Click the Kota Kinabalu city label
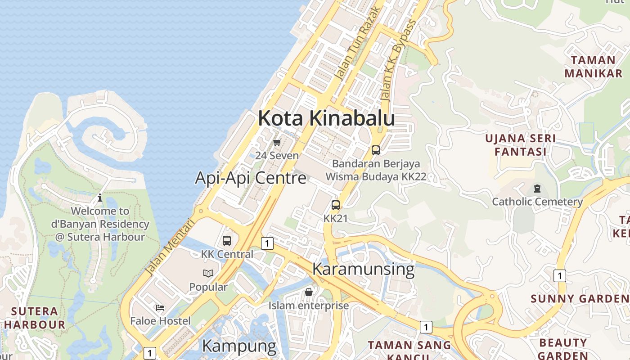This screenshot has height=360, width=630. click(326, 118)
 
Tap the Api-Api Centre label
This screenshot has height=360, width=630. click(251, 178)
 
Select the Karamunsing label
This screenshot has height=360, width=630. click(363, 269)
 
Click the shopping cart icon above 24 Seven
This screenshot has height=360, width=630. click(277, 143)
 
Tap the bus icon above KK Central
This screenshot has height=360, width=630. click(227, 241)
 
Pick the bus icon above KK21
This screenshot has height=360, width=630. click(336, 205)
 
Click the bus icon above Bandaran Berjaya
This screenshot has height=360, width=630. click(376, 150)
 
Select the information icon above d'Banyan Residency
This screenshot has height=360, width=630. click(100, 198)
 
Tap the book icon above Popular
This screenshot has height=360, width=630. click(208, 273)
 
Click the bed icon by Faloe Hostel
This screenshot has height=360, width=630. click(160, 308)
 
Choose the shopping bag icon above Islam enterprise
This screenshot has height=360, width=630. click(309, 292)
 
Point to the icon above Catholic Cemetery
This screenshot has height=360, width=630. click(537, 188)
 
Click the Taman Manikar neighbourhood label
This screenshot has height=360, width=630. click(593, 67)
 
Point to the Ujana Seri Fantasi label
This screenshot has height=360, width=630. click(520, 145)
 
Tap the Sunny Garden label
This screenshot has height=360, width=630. click(580, 299)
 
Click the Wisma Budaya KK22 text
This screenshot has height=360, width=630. click(376, 177)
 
